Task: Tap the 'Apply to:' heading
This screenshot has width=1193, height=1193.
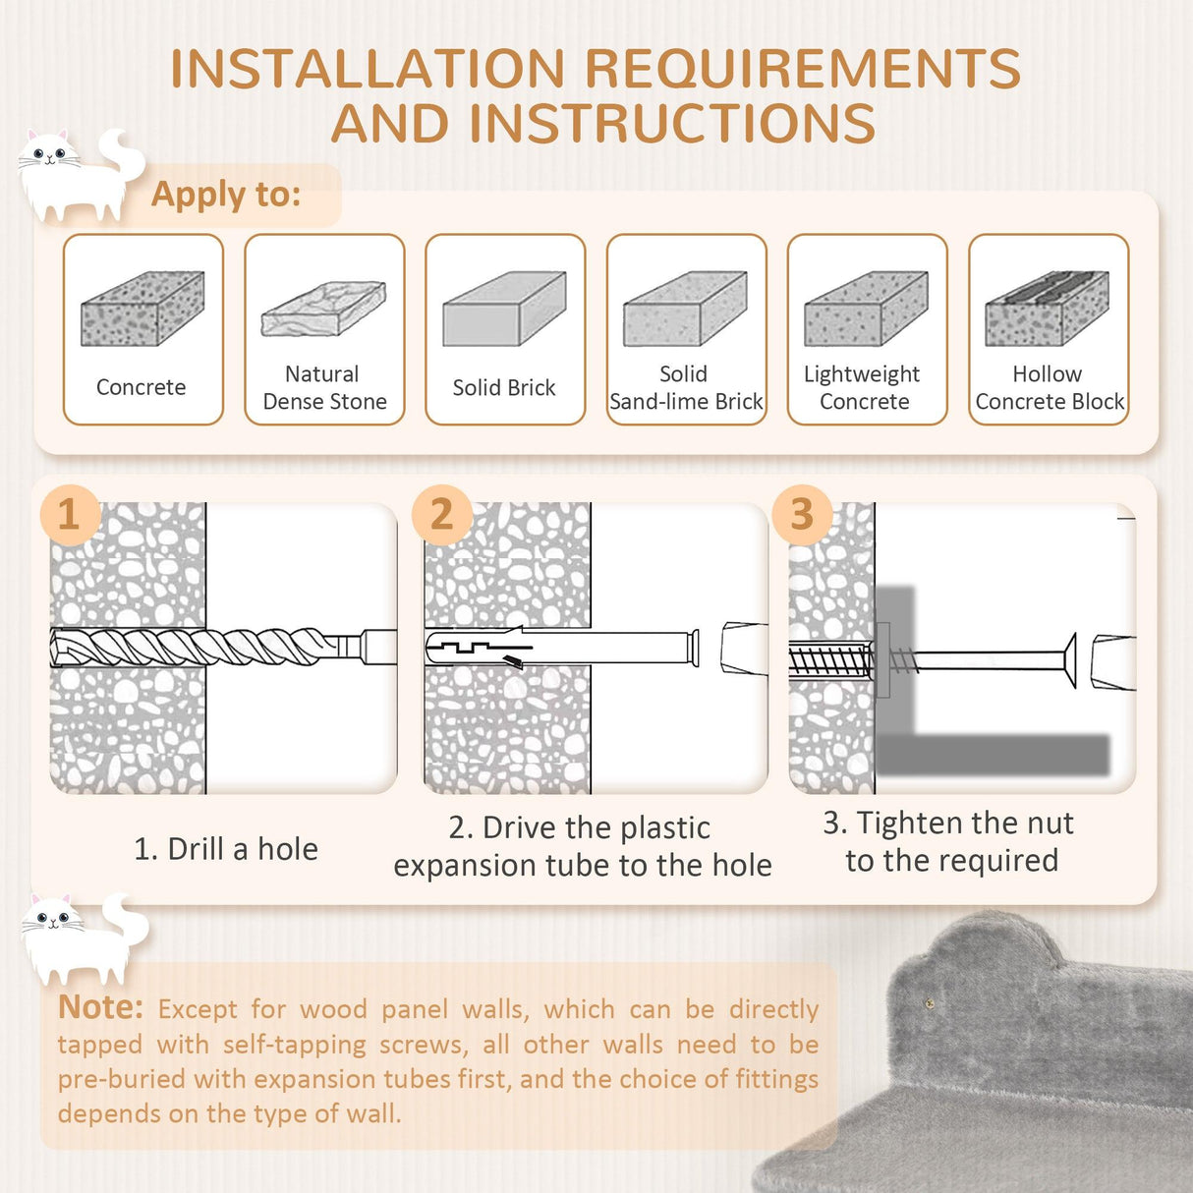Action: [x=226, y=195]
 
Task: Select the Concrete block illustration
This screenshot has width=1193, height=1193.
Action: [x=142, y=309]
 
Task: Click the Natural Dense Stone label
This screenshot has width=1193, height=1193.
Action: [x=324, y=388]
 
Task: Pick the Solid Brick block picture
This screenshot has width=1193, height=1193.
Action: [x=504, y=309]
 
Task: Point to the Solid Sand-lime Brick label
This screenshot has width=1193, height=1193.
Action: [x=686, y=388]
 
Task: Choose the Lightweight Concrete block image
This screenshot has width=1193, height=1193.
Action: [x=866, y=309]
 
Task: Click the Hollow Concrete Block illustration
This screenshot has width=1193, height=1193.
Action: [x=1048, y=309]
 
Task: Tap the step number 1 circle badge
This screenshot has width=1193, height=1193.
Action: [x=69, y=514]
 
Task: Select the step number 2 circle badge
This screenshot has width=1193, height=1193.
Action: [x=441, y=514]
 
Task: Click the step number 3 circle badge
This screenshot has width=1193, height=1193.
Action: [x=802, y=514]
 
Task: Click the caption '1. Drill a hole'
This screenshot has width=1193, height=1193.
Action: [x=226, y=849]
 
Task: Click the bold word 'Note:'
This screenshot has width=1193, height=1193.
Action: [x=100, y=1007]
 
